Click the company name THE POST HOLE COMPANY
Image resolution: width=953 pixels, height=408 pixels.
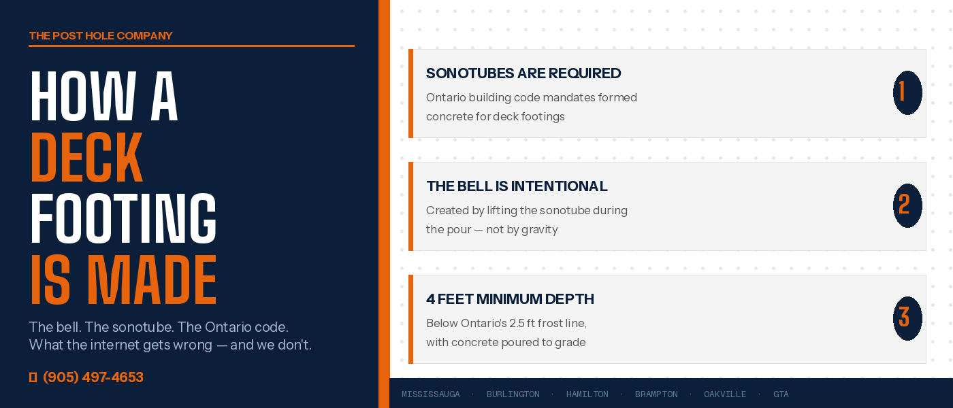coord(101,35)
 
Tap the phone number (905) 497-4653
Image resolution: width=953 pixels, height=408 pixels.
coord(93,377)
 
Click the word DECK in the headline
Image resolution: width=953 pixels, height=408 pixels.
coord(87,157)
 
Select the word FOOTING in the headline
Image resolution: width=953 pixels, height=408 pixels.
coord(123,218)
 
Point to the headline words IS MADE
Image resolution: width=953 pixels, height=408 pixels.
coord(123,280)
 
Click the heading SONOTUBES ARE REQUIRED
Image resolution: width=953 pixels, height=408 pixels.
coord(523,73)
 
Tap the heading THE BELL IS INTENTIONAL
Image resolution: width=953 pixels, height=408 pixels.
coord(517,186)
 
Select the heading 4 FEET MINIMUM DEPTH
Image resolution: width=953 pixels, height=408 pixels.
coord(510,299)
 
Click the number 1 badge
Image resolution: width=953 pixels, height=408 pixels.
coord(907,92)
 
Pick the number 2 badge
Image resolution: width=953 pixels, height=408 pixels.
coord(907,205)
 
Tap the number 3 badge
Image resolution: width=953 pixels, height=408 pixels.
coord(907,318)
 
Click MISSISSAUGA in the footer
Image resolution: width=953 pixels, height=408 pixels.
coord(430,394)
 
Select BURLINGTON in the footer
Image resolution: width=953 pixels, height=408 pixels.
coord(513,394)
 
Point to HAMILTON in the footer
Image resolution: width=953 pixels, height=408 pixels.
coord(587,394)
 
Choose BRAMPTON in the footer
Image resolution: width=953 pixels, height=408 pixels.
coord(656,394)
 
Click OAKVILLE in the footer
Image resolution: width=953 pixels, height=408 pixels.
coord(725,394)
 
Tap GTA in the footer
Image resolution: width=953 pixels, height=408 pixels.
coord(781,394)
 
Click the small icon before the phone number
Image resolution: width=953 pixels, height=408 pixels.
coord(33,377)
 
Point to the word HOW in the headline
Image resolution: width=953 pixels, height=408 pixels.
coord(83,96)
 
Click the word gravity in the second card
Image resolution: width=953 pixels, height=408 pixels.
coord(539,230)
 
